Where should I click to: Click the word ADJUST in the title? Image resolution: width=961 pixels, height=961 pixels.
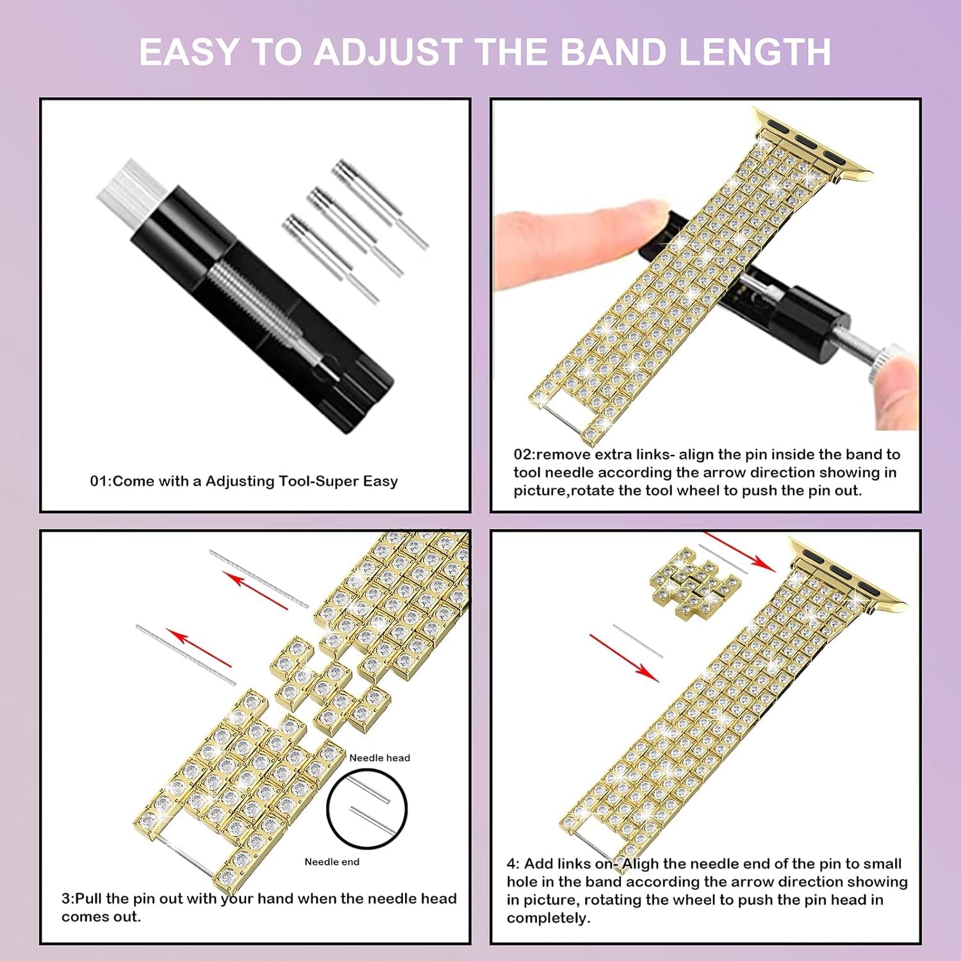388,52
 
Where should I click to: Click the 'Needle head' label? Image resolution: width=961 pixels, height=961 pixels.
379,758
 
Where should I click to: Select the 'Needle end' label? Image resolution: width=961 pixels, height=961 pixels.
332,862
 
